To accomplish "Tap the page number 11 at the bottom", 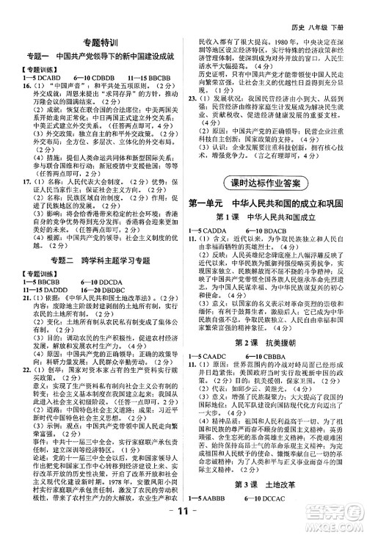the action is [183, 514].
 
